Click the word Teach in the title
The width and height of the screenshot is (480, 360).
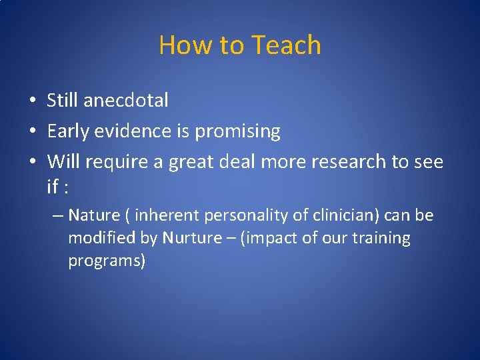(286, 45)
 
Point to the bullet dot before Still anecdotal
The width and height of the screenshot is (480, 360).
(32, 101)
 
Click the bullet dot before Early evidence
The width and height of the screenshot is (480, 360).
(32, 132)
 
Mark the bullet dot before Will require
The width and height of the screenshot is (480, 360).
(32, 162)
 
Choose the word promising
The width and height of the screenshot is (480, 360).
(237, 132)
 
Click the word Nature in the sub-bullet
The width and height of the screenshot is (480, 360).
(93, 215)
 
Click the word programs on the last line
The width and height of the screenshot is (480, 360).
(106, 261)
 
